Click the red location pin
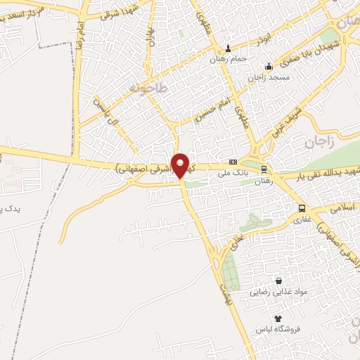point(181,165)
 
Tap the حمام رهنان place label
point(229,59)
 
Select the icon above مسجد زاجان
point(269,67)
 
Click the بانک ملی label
point(233,171)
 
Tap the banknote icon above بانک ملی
point(233,161)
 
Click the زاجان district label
point(317,143)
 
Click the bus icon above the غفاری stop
point(302,208)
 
